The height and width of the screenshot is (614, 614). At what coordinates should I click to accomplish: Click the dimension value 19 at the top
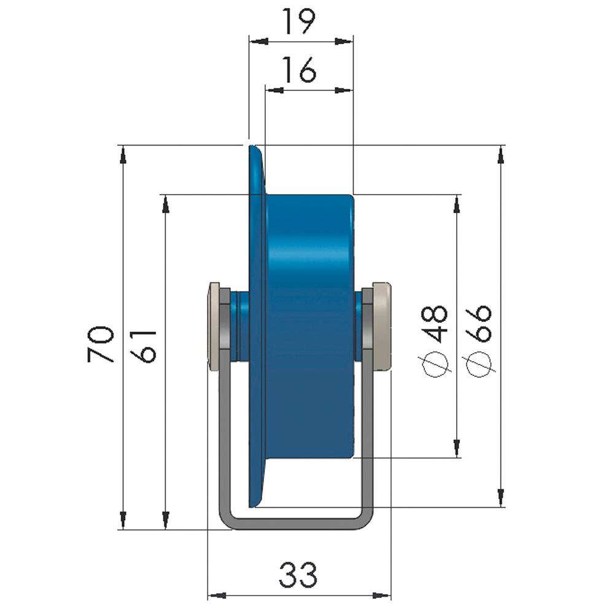tap(300, 21)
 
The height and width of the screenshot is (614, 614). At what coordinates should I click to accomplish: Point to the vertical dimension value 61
tap(147, 345)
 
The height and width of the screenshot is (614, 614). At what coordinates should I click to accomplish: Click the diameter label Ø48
tap(437, 341)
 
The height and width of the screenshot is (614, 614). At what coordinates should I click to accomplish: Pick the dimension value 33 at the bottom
tap(299, 575)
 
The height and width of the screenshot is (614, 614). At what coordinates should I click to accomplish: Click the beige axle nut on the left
tap(216, 327)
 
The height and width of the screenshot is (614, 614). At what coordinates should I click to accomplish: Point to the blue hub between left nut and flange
tap(241, 327)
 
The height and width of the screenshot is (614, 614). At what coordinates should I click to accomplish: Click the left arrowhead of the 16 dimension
tap(273, 90)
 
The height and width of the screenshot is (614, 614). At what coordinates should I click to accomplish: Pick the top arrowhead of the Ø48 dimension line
tap(456, 204)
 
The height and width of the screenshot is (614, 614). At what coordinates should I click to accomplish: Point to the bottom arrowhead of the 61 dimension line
tap(165, 520)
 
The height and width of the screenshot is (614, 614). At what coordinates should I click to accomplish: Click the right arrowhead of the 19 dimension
tap(344, 42)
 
